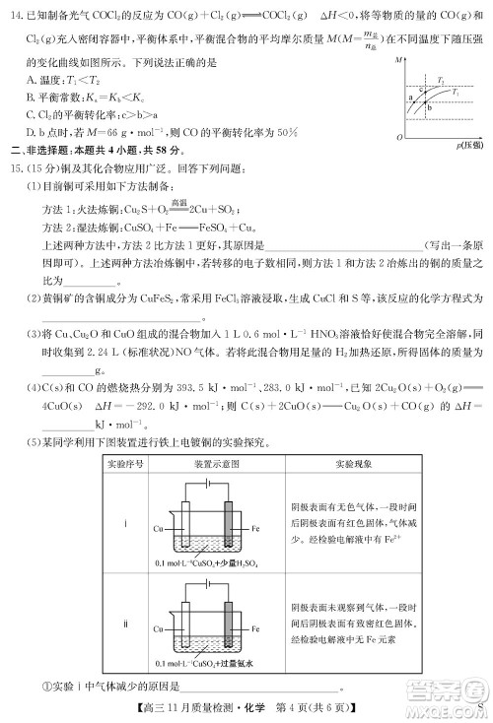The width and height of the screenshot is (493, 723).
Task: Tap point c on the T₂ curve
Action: [421, 89]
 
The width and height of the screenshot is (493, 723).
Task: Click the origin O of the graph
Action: [398, 136]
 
